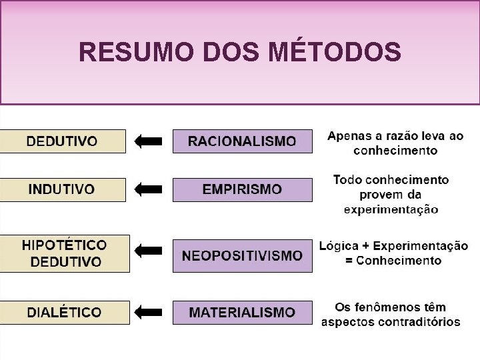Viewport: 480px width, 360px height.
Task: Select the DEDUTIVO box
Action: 62,141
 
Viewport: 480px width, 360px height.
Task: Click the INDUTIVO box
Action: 62,189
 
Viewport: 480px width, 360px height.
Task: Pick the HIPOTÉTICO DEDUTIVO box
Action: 65,253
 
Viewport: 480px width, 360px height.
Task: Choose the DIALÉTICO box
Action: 65,312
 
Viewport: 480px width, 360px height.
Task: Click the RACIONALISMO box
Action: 242,141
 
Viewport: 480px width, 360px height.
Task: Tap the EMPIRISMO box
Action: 242,189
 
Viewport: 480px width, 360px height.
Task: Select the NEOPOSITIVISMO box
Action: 242,255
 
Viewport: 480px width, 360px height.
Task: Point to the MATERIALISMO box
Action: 242,312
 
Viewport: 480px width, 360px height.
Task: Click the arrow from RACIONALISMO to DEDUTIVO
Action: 148,141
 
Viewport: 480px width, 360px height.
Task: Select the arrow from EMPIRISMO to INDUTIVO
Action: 148,189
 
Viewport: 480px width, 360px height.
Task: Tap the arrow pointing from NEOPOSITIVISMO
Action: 148,251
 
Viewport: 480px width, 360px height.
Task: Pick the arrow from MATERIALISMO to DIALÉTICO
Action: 148,311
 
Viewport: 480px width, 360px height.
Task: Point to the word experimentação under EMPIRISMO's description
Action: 391,209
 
